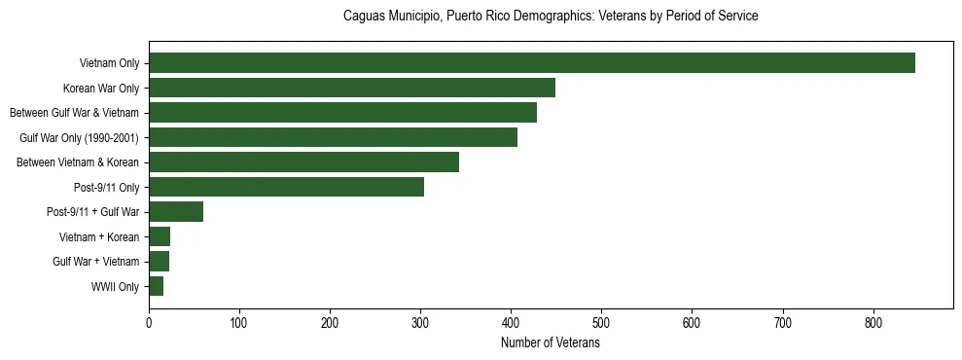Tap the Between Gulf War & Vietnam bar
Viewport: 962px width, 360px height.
click(x=342, y=113)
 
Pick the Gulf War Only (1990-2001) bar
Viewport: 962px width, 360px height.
click(x=333, y=137)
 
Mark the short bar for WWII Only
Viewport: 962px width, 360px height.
click(x=156, y=286)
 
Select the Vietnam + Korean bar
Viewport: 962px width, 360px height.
click(x=160, y=236)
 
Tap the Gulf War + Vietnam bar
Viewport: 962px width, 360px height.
click(x=159, y=262)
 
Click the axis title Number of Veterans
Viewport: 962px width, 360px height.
click(x=551, y=343)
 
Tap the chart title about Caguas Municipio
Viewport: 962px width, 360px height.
click(x=551, y=17)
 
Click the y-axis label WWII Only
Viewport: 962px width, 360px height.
click(x=115, y=287)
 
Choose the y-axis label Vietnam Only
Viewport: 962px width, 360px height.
click(x=109, y=64)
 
